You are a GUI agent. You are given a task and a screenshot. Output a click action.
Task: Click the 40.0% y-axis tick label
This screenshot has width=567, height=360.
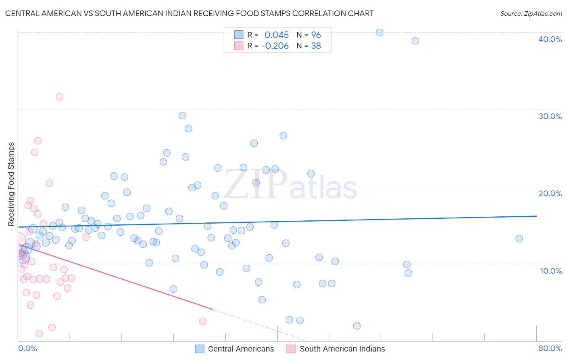point(550,39)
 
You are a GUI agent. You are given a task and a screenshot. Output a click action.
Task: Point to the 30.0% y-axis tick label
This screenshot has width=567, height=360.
point(550,116)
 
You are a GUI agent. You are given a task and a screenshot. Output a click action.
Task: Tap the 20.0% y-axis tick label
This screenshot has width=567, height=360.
point(550,193)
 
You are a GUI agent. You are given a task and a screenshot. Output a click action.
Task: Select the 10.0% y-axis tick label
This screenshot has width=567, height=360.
point(551,271)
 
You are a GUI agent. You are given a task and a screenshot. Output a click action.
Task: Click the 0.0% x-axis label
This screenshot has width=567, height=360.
point(27,348)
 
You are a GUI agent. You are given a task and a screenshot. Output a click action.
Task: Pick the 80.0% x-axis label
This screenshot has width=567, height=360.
point(550,348)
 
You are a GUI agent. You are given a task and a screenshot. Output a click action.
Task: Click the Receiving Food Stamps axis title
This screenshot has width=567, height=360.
point(11,184)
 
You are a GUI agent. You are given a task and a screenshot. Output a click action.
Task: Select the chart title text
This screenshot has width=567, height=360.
point(189,13)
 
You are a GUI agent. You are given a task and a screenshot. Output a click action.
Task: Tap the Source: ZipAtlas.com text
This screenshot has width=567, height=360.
point(531,13)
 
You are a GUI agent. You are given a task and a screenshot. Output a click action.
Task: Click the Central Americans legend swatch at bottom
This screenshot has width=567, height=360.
point(200,349)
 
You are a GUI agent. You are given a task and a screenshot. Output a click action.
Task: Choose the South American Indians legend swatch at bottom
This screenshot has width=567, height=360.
point(291,349)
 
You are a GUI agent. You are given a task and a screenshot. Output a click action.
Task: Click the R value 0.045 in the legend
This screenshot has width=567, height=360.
point(277,35)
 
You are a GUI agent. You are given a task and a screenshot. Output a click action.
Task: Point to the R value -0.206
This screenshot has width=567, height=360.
point(275,46)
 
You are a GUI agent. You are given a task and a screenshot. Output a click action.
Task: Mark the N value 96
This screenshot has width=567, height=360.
point(316,35)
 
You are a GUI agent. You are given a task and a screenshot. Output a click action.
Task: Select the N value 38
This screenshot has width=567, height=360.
point(316,46)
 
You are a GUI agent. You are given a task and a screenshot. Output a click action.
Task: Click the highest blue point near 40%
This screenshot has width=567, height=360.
point(379,32)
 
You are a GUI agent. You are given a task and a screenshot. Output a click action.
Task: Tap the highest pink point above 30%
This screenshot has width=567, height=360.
point(59,97)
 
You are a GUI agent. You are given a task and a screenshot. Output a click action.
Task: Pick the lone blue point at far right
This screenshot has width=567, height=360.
point(519,239)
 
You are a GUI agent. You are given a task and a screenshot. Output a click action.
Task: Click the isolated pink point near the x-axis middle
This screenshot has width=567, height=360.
point(202,321)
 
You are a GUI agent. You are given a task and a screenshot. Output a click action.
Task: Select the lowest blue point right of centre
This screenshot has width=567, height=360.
point(356,326)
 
